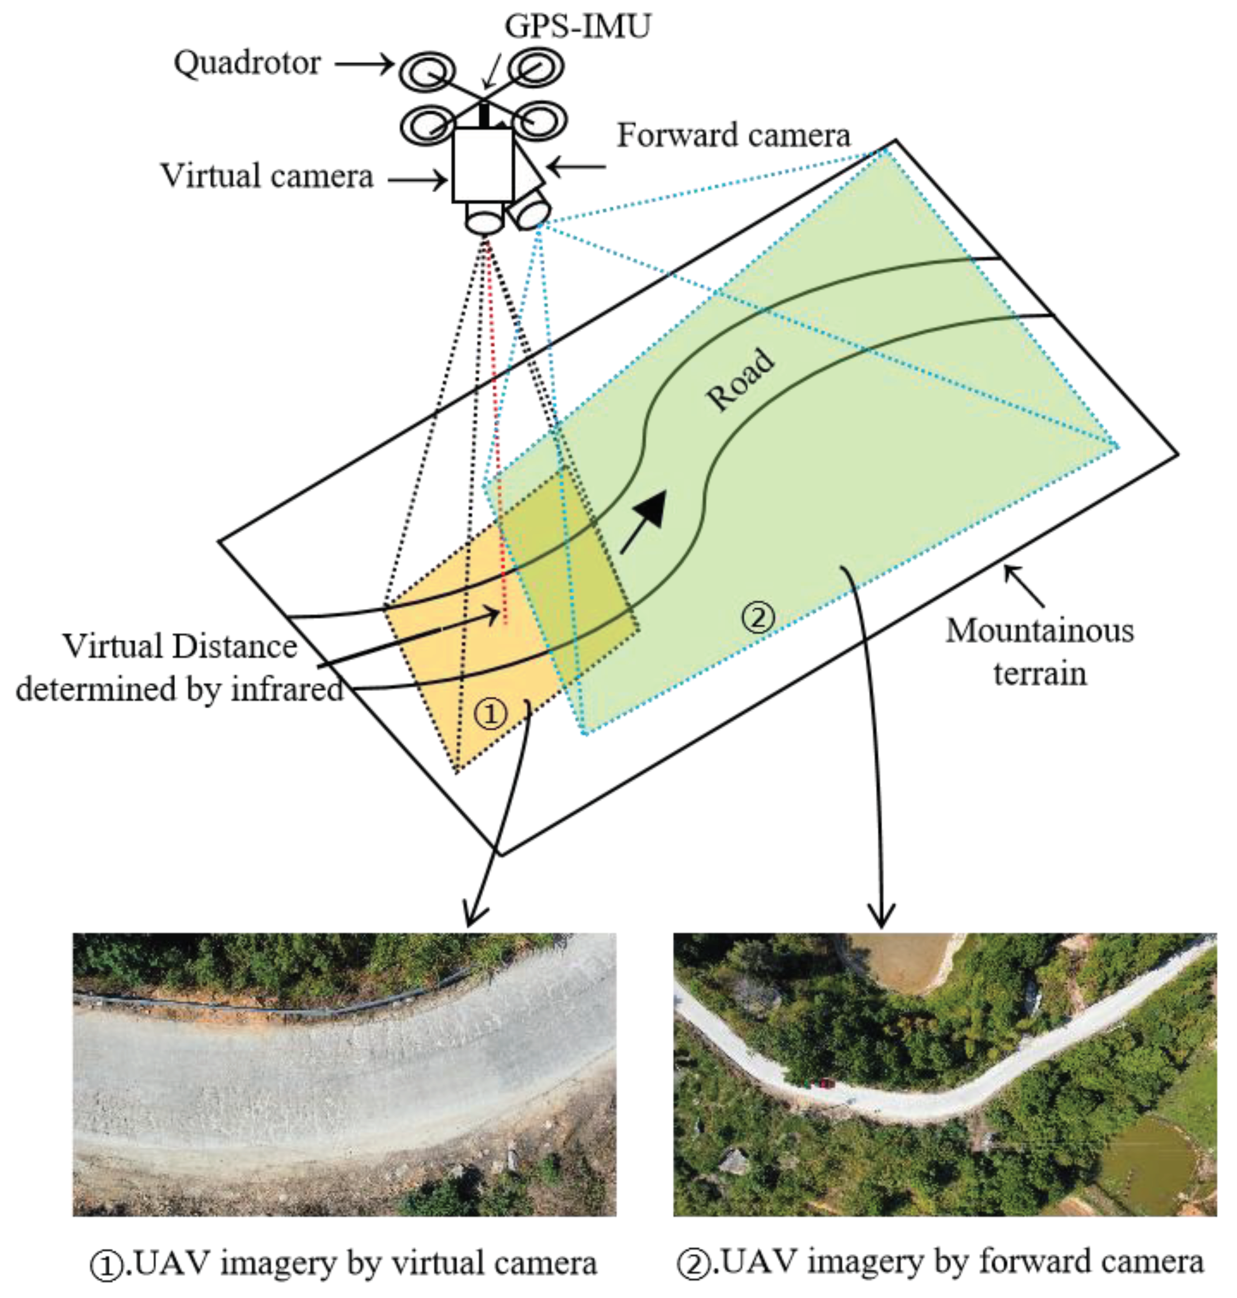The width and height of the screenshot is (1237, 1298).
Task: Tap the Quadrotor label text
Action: (x=247, y=64)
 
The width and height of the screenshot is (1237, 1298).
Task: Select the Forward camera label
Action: (x=733, y=136)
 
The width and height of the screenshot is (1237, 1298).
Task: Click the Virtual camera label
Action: (x=267, y=177)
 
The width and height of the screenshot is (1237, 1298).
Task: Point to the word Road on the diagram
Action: (x=740, y=380)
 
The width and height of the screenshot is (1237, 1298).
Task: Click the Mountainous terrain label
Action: (x=1040, y=652)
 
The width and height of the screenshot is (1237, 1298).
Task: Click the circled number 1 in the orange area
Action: (x=491, y=714)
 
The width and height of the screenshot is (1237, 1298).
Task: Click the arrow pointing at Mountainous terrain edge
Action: (x=1023, y=586)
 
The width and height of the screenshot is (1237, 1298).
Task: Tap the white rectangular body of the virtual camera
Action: (x=483, y=165)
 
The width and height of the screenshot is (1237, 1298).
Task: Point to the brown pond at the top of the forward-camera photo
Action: (x=907, y=963)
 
